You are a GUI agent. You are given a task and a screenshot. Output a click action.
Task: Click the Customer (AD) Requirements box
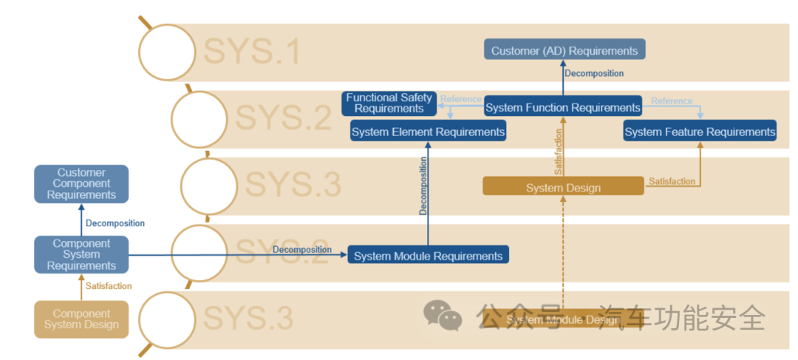(x=565, y=51)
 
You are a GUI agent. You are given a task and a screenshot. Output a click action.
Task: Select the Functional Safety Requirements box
(x=389, y=103)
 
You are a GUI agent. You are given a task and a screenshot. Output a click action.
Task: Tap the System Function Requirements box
(x=563, y=108)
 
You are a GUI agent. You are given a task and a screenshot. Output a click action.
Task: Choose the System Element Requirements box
(x=428, y=132)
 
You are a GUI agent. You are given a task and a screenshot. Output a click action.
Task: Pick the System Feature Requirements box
(x=700, y=132)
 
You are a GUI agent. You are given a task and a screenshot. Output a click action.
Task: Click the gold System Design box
(x=563, y=188)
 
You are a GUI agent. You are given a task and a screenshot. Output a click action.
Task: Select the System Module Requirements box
(x=428, y=257)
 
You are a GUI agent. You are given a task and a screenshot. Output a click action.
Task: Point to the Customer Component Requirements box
(x=81, y=184)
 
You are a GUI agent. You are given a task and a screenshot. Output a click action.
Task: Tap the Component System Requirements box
(x=81, y=254)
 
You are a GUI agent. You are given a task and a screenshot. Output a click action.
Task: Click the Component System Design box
(x=81, y=319)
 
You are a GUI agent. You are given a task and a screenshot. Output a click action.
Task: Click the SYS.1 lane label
(x=252, y=52)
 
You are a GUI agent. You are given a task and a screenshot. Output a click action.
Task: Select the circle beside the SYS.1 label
(x=168, y=52)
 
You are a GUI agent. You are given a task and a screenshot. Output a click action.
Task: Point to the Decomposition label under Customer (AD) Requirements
(x=594, y=74)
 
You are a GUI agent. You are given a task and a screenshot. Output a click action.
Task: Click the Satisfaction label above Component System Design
(x=109, y=286)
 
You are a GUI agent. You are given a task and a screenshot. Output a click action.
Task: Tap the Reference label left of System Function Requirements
(x=461, y=99)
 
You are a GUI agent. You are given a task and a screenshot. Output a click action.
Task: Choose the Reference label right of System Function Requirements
(x=672, y=101)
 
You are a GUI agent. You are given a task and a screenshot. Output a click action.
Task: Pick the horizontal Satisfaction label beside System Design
(x=672, y=181)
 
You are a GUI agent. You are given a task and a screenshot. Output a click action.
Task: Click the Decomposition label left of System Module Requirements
(x=301, y=250)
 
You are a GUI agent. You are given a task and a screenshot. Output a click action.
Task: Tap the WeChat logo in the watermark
(x=443, y=316)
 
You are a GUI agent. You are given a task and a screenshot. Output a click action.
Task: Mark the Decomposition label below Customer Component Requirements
(x=115, y=223)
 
